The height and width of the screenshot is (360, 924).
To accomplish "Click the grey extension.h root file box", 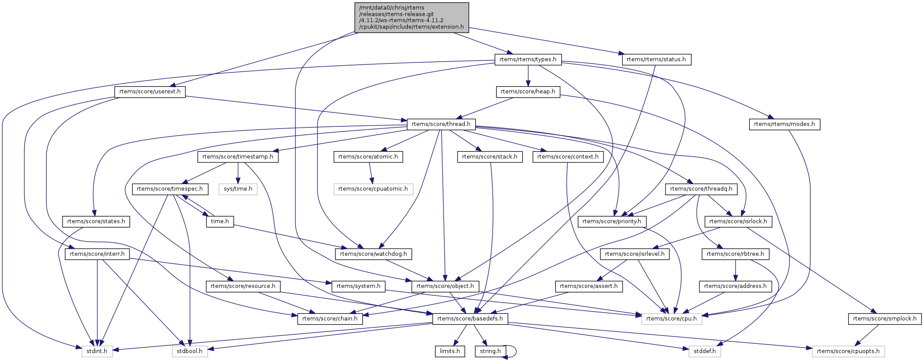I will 411,17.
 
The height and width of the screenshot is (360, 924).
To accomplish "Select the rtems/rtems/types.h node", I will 528,59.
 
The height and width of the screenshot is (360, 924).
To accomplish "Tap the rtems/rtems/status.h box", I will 656,59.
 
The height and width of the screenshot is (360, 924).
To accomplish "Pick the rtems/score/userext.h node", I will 150,92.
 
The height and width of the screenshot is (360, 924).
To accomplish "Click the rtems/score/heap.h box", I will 528,92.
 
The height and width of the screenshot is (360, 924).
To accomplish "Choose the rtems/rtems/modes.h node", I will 784,124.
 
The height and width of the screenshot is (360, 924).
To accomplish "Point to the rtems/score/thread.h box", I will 441,124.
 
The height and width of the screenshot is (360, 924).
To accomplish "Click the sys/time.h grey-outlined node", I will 238,189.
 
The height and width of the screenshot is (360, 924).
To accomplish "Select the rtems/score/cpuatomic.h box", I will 373,189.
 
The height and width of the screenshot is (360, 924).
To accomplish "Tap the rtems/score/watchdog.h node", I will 373,254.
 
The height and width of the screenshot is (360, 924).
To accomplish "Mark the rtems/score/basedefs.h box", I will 470,319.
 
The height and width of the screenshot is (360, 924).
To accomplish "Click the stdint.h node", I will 96,351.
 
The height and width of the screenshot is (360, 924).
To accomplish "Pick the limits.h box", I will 450,351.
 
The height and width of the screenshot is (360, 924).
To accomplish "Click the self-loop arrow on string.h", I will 515,351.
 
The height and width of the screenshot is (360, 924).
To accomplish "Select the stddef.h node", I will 704,351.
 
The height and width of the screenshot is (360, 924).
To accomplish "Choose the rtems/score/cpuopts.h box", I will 848,351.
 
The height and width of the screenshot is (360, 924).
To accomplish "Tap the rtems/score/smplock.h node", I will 884,319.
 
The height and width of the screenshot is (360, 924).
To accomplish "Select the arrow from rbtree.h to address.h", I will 735,270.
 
